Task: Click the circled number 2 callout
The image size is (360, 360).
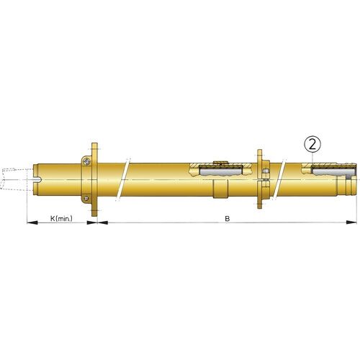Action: tap(311, 145)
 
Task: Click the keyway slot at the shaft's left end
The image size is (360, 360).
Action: tap(40, 176)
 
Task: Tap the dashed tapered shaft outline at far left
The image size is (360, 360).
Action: tap(14, 176)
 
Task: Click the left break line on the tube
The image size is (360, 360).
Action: tap(127, 176)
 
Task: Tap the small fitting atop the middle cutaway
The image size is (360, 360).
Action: tap(220, 162)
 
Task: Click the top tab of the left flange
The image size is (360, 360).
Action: tap(94, 147)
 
